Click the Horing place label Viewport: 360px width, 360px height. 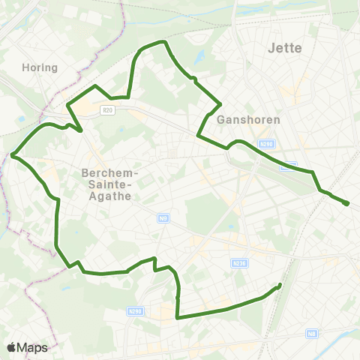click(x=40, y=67)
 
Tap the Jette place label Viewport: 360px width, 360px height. click(x=284, y=48)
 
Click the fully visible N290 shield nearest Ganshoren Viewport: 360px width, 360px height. click(x=265, y=144)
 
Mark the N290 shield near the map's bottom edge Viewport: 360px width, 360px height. click(x=135, y=310)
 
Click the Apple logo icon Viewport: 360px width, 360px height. click(x=12, y=347)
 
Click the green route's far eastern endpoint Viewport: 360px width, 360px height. click(x=347, y=203)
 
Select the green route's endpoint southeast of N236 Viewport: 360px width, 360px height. click(x=280, y=285)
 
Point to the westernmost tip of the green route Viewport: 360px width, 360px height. click(x=13, y=155)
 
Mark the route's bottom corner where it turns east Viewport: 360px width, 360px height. click(x=177, y=318)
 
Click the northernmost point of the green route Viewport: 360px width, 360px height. click(x=161, y=42)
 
